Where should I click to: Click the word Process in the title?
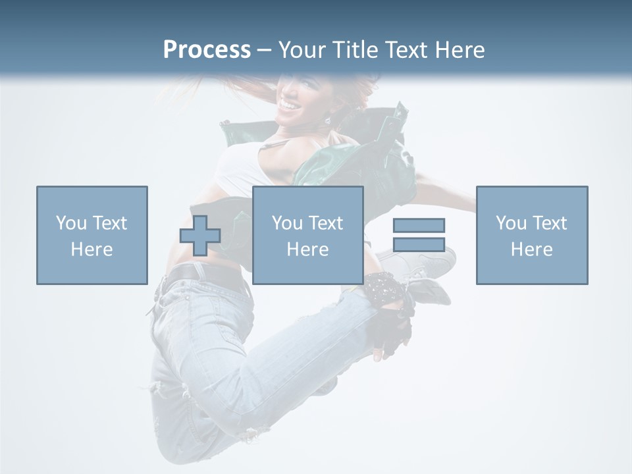(x=207, y=50)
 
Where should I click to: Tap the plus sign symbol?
(x=200, y=236)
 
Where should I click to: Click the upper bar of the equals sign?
(x=419, y=225)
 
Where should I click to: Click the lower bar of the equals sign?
(x=419, y=244)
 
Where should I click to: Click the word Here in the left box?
(x=92, y=250)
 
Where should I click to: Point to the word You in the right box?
(x=511, y=223)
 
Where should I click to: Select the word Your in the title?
(x=303, y=50)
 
